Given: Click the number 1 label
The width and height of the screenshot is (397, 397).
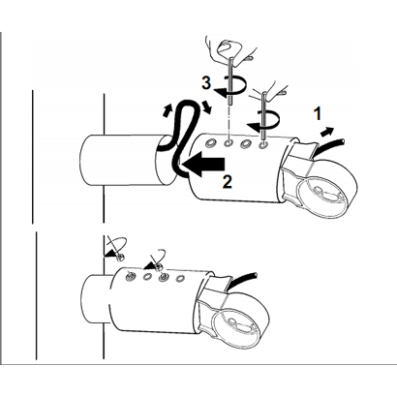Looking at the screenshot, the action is point(319,114).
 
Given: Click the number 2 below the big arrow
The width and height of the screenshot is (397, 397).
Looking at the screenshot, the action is point(228,182).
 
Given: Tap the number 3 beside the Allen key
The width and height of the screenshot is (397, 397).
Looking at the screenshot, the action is point(206,83).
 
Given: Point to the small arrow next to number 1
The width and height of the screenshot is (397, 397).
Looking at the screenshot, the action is point(326,132).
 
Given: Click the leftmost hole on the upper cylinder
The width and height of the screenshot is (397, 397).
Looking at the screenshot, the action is point(211,142).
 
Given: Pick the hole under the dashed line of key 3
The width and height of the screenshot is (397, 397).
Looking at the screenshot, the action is point(229,142).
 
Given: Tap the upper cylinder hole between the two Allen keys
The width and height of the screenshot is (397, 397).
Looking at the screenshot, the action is point(246,143).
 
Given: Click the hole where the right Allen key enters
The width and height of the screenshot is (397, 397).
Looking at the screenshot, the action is point(263,143).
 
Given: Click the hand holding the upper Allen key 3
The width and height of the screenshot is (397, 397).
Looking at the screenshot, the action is point(230,50).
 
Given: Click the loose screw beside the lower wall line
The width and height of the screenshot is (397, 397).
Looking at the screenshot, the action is point(121,258).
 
